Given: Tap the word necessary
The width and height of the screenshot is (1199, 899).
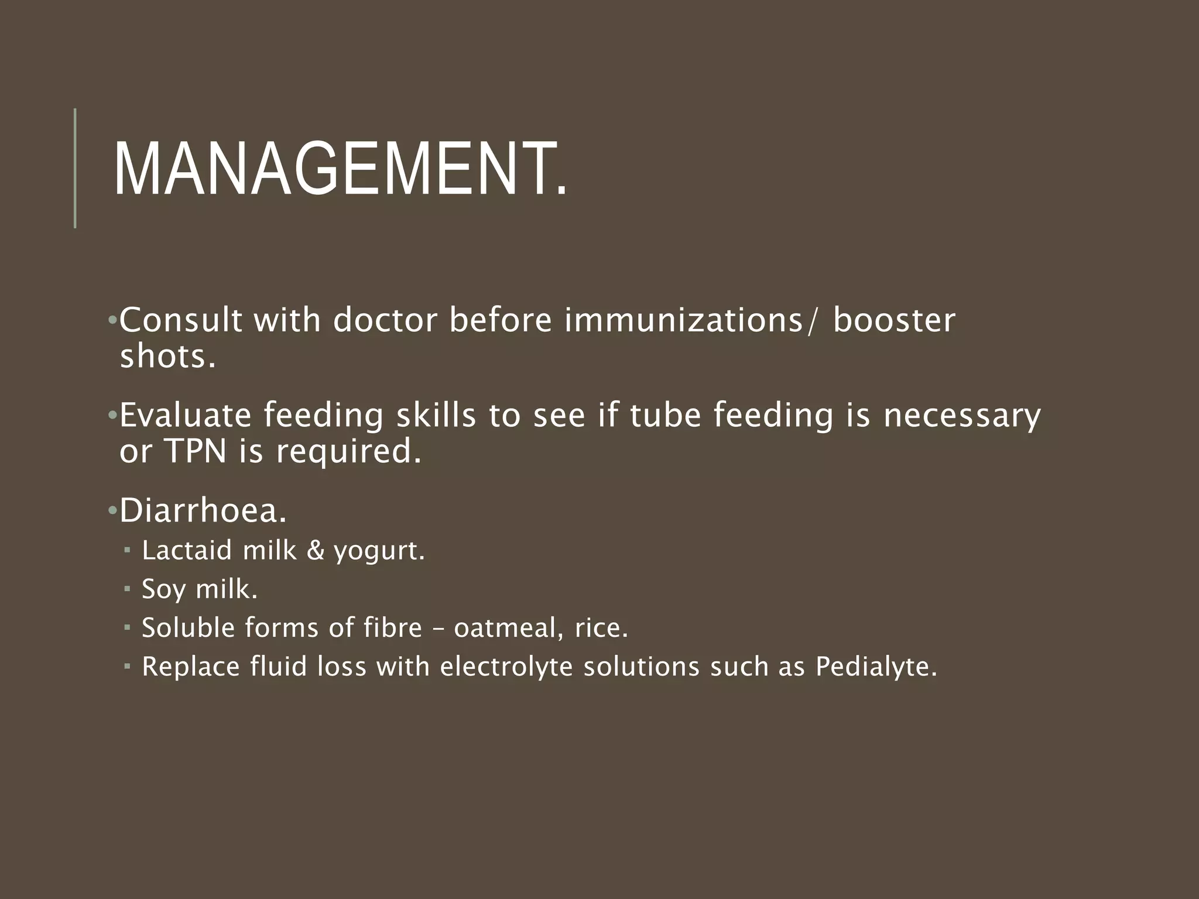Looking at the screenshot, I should (962, 416).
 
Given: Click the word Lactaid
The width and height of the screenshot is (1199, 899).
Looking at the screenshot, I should (187, 550).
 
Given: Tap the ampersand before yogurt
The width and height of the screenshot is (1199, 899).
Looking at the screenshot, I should (316, 551).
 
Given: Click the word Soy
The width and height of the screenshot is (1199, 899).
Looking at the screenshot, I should (165, 589).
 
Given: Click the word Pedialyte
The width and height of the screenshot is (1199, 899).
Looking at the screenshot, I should (876, 667).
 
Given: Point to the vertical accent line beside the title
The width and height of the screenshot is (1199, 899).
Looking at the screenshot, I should (75, 168).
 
